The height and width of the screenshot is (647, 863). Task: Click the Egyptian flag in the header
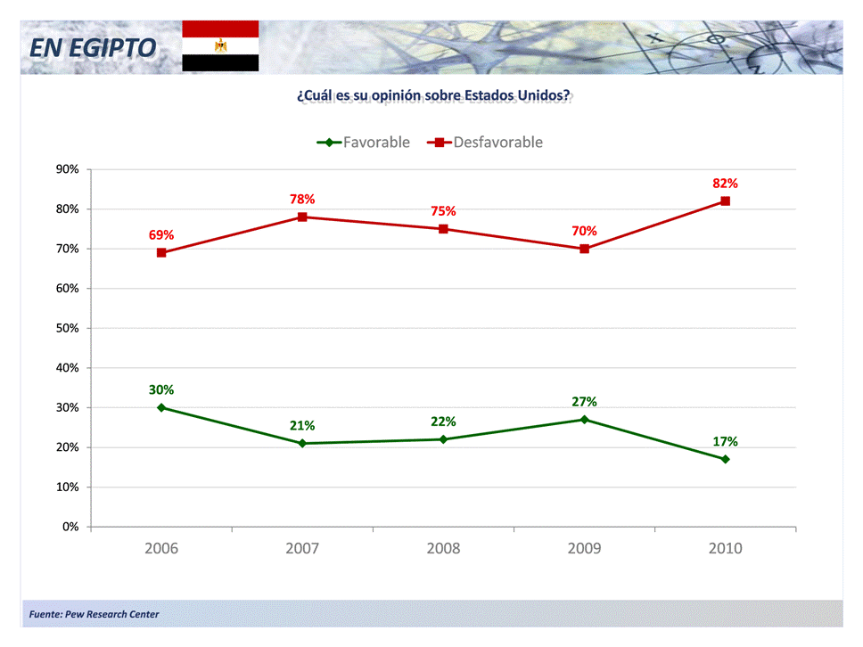tap(220, 45)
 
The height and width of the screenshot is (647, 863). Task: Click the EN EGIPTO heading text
tap(92, 48)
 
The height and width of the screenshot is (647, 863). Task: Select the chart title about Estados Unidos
tap(433, 95)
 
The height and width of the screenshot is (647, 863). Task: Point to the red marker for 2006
tap(161, 252)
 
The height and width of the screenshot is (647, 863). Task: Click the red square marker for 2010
tap(725, 201)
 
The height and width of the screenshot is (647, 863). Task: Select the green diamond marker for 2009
tap(584, 419)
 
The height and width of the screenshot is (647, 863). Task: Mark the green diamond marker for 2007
tap(302, 443)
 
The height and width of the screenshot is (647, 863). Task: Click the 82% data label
tap(725, 183)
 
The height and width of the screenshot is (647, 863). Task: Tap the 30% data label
tap(161, 389)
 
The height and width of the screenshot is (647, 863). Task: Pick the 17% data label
tap(725, 441)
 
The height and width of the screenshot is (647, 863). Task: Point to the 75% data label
tap(443, 211)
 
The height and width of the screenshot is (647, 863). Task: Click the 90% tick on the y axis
tap(67, 169)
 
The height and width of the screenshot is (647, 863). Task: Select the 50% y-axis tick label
tap(67, 328)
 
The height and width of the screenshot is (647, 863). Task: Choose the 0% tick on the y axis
tap(70, 527)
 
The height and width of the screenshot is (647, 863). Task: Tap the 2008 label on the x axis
tap(443, 549)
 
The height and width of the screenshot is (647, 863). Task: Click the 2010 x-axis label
tap(725, 549)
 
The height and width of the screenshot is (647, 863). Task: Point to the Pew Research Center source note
tap(95, 614)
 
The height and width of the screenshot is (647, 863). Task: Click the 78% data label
tap(302, 199)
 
